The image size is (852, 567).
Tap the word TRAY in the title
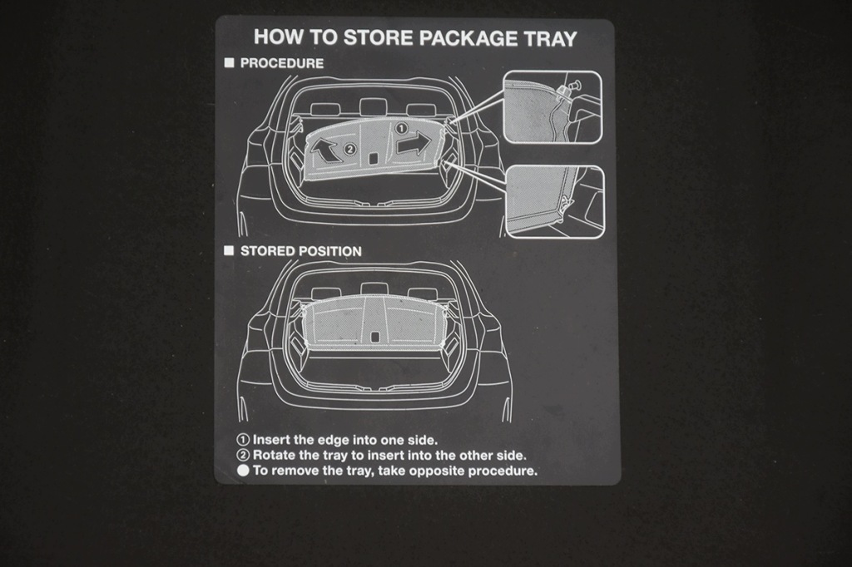(549, 38)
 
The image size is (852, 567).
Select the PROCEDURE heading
(281, 63)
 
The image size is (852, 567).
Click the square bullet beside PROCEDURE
(230, 63)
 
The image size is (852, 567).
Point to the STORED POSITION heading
(300, 251)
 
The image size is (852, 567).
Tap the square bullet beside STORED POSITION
(229, 250)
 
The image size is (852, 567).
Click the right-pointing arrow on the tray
(414, 144)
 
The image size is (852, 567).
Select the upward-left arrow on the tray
(324, 149)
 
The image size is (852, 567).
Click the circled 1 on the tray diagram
(400, 129)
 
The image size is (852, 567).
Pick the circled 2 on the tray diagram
(350, 148)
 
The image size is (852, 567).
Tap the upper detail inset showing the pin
(552, 107)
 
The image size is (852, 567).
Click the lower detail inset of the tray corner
(555, 202)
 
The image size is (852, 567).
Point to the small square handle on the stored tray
(374, 337)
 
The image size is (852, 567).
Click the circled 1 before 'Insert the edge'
(244, 440)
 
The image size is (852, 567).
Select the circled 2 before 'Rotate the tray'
(244, 455)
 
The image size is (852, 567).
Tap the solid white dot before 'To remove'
(244, 471)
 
